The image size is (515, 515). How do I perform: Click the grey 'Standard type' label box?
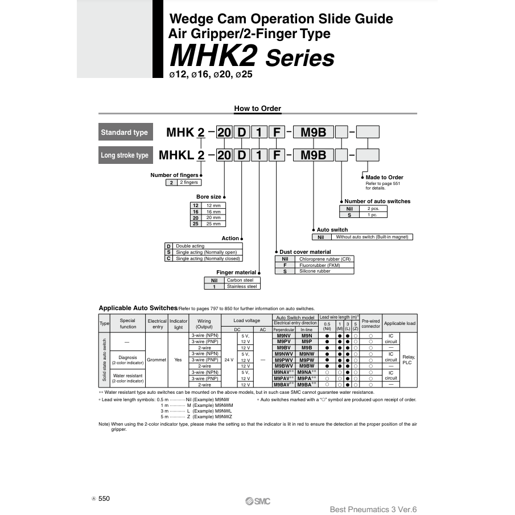point(124,133)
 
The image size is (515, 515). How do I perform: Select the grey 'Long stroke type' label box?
point(124,155)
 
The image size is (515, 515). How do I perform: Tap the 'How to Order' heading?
point(257,109)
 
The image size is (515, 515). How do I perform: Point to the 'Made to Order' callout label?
point(384,178)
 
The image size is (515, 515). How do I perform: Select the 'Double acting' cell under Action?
point(207,246)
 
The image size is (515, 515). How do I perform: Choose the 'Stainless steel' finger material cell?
point(242,286)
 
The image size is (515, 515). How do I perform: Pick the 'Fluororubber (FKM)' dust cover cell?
point(325,265)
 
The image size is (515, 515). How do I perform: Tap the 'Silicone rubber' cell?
point(325,271)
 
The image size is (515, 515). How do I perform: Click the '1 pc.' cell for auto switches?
point(373,215)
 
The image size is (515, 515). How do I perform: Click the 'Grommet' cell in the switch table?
point(156,360)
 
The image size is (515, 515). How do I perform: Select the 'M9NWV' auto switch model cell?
point(283,353)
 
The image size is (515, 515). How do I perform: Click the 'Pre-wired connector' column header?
point(370,323)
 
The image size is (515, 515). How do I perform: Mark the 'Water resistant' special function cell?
point(127,378)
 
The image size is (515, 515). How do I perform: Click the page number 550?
point(104,498)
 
